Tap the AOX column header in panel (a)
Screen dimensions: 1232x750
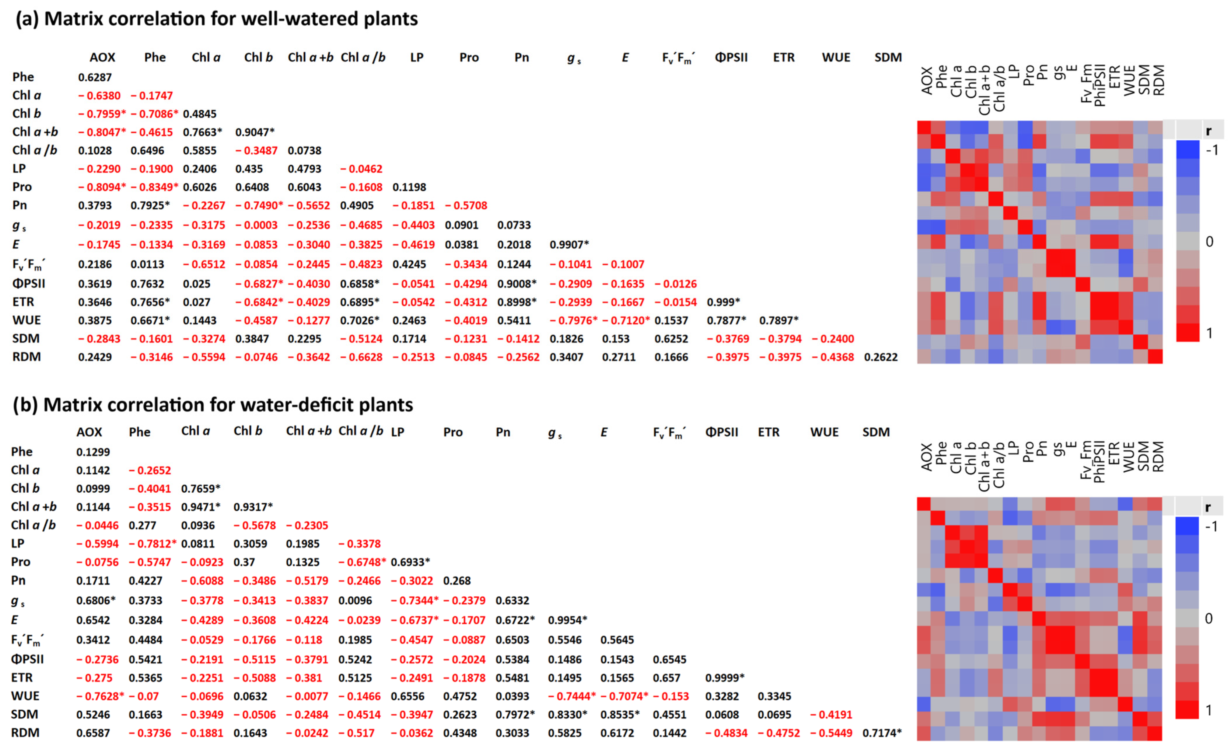[x=102, y=57]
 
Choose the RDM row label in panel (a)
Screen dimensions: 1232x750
[x=27, y=357]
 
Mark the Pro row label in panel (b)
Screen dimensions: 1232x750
[x=20, y=562]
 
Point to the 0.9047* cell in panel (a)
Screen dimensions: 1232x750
[x=255, y=132]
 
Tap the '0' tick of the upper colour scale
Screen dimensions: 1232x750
[x=1209, y=242]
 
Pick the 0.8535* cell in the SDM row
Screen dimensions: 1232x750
[x=620, y=714]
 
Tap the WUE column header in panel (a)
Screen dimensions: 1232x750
[x=836, y=57]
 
